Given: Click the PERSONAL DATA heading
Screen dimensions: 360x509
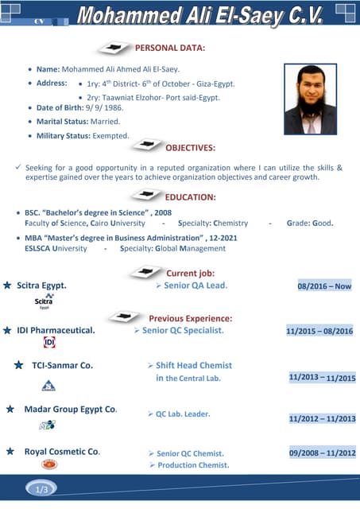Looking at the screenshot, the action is click(x=170, y=49).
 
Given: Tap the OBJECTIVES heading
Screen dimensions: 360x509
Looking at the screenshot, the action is click(x=189, y=148).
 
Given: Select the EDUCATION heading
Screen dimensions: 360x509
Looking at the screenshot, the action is click(x=190, y=197).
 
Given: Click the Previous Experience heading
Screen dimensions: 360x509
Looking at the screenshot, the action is click(x=190, y=318).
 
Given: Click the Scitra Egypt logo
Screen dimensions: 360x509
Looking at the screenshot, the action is click(x=44, y=301).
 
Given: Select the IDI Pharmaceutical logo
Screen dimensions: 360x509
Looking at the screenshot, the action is click(x=49, y=343).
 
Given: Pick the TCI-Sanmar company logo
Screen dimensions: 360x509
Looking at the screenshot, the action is click(x=48, y=386).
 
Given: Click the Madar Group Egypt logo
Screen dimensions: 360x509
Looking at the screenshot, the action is click(x=48, y=425).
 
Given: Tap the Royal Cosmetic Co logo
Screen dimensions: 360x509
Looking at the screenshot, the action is click(x=49, y=464).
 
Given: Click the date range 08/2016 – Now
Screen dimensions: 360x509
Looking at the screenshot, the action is click(x=324, y=286).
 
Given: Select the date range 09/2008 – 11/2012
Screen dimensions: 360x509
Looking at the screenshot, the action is click(x=322, y=453).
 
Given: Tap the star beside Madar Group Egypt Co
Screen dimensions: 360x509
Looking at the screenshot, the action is click(x=10, y=409).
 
